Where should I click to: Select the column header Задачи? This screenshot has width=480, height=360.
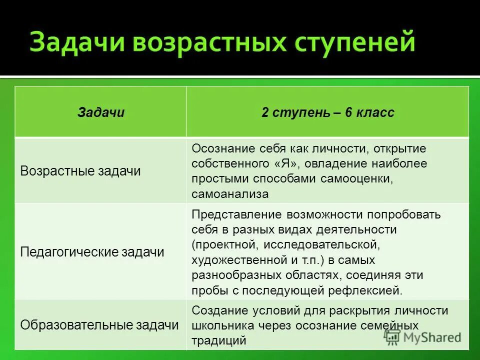click(101, 113)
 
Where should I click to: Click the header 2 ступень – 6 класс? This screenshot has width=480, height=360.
click(327, 113)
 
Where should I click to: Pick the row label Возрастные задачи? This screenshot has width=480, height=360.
click(80, 171)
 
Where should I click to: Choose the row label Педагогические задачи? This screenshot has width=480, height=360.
click(92, 252)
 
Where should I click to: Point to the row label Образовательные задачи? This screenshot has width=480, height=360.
click(99, 325)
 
